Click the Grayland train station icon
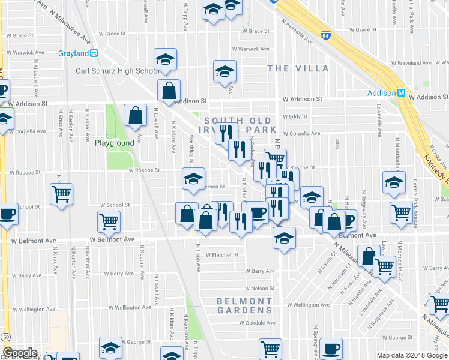pyautogui.click(x=94, y=53)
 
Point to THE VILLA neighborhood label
pyautogui.click(x=298, y=68)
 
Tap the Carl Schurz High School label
pyautogui.click(x=118, y=71)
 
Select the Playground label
pyautogui.click(x=114, y=143)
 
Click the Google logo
pyautogui.click(x=19, y=353)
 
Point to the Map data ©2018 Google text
pyautogui.click(x=412, y=355)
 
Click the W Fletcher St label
pyautogui.click(x=221, y=254)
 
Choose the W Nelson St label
pyautogui.click(x=259, y=289)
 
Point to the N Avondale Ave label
pyautogui.click(x=297, y=32)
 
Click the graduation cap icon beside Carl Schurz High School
pyautogui.click(x=165, y=59)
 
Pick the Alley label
pyautogui.click(x=337, y=144)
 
